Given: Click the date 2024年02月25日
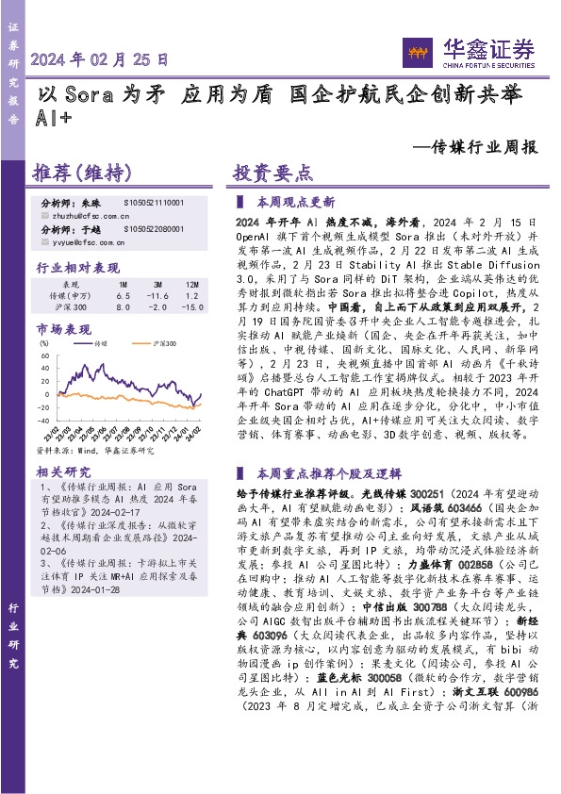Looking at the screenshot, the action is (x=100, y=58).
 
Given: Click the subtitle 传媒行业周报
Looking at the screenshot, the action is (x=475, y=147).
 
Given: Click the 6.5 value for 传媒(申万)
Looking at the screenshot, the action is (x=122, y=296).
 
